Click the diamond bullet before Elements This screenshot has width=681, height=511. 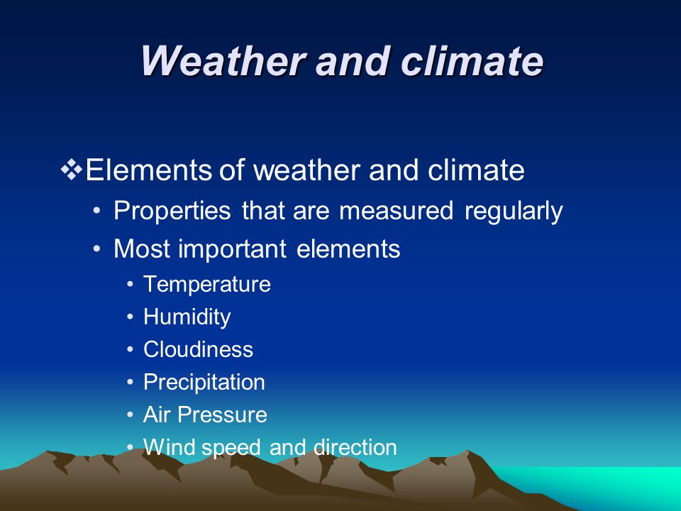click(71, 170)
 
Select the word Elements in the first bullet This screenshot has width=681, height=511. click(148, 170)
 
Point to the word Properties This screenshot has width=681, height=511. click(172, 211)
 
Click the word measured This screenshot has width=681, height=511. click(396, 211)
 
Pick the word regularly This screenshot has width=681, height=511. click(514, 211)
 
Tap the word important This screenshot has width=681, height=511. click(232, 249)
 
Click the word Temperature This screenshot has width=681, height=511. click(207, 285)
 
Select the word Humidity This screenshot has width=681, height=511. click(187, 317)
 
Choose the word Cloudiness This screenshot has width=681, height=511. click(198, 349)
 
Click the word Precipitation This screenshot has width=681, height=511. click(204, 383)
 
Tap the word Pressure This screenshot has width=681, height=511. click(222, 414)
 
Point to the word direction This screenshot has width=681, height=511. click(355, 447)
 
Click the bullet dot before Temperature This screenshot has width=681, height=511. click(131, 285)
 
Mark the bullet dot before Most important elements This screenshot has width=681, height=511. click(97, 249)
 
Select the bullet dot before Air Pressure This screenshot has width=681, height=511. click(131, 414)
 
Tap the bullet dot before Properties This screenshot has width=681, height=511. click(97, 211)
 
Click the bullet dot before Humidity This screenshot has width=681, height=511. click(131, 317)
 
